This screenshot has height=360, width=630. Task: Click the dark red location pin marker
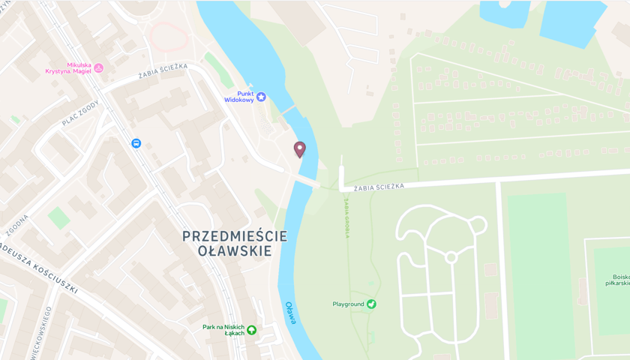click(299, 149)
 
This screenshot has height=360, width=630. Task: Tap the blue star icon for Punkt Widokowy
click(261, 97)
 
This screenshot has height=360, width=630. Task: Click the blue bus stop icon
click(136, 143)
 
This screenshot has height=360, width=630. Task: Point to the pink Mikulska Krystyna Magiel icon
click(98, 68)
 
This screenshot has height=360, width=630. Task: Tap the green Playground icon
click(371, 304)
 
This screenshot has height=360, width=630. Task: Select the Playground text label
click(348, 304)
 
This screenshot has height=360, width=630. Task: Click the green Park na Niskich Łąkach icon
click(251, 330)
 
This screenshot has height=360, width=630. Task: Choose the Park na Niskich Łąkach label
click(223, 330)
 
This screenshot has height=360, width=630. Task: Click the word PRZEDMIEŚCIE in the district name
click(234, 236)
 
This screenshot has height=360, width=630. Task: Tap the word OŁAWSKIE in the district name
click(234, 251)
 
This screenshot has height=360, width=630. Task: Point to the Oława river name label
click(289, 313)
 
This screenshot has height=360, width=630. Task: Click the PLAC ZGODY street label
click(81, 113)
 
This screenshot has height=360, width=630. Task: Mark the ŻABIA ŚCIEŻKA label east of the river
click(379, 186)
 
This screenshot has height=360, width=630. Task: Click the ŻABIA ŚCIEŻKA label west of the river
click(163, 70)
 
